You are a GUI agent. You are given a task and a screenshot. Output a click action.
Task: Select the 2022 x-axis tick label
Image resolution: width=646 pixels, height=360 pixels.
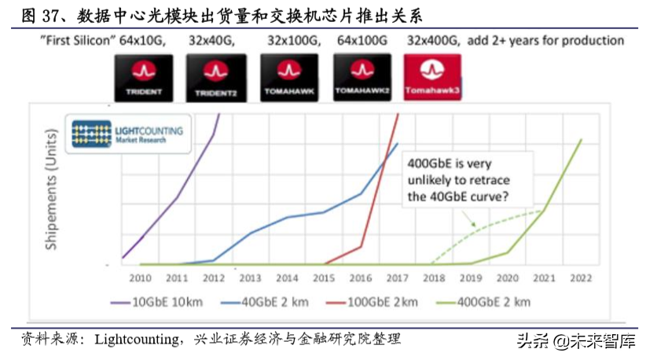(x=581, y=277)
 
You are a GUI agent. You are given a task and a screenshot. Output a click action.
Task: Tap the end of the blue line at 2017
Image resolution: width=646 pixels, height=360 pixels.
(x=398, y=143)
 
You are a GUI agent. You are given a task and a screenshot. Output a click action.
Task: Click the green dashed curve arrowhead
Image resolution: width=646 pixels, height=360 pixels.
(x=474, y=224)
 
